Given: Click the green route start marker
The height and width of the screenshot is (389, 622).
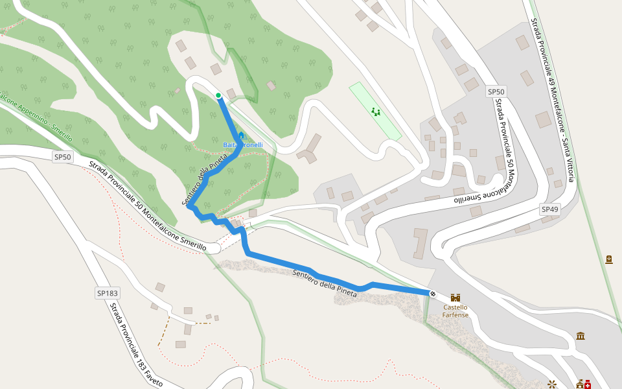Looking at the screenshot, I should [219, 96].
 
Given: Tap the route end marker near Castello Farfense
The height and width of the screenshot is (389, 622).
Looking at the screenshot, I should [432, 293].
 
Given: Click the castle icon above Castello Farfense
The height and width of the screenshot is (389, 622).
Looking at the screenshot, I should [455, 297].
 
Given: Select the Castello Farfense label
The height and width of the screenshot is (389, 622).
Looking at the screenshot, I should [455, 311].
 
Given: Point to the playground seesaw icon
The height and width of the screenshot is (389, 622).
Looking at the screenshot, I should [375, 112].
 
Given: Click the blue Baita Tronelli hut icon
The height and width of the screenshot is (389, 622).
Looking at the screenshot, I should [241, 136].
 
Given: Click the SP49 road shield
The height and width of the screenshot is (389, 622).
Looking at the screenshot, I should [549, 209].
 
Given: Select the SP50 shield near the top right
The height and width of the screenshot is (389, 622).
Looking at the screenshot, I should [496, 92].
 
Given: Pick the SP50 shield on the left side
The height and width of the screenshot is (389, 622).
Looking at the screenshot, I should [63, 157].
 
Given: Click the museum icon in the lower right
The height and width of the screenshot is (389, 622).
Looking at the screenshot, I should [580, 336].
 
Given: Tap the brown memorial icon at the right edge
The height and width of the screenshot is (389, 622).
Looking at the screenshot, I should [609, 260].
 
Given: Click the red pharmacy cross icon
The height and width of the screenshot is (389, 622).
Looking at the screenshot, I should [588, 384].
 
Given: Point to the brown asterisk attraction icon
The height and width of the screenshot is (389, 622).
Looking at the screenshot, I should [552, 383].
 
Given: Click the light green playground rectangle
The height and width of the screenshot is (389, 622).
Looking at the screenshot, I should [375, 111].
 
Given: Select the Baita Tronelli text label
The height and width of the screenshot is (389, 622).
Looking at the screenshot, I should [243, 145].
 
